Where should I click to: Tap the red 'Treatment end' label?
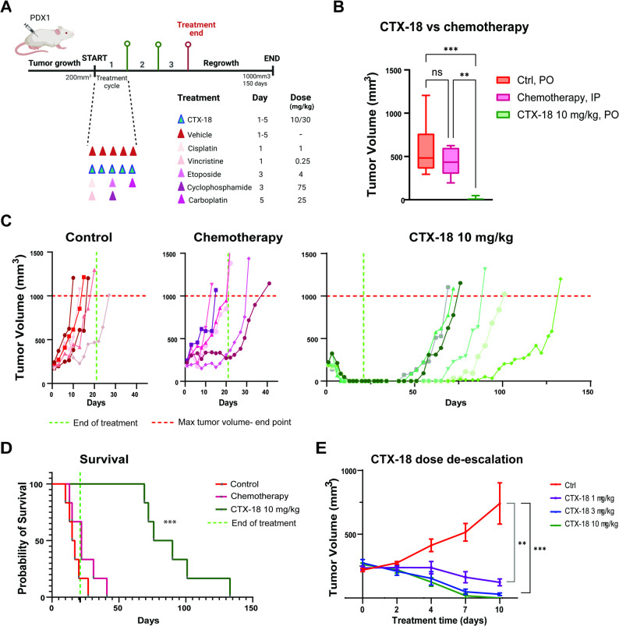point(196,29)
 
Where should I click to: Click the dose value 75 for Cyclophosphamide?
point(302,187)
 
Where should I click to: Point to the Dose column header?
point(301,97)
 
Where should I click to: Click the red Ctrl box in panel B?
point(426,151)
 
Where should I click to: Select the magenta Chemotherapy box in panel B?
point(451,161)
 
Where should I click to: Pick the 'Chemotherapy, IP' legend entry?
point(548,97)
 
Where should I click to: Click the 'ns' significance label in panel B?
point(437,73)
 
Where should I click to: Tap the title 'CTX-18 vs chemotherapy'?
point(454,27)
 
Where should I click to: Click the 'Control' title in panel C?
point(89,237)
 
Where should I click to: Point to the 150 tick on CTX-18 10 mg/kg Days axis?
point(588,392)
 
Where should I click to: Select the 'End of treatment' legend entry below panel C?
point(94,423)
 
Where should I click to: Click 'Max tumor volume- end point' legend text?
point(221,422)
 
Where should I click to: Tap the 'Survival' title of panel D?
point(104,459)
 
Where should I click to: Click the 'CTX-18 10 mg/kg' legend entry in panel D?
point(257,509)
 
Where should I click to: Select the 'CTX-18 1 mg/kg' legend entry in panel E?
point(583,498)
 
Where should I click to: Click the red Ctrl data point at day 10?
point(500,504)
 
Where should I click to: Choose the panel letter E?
point(320,448)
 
